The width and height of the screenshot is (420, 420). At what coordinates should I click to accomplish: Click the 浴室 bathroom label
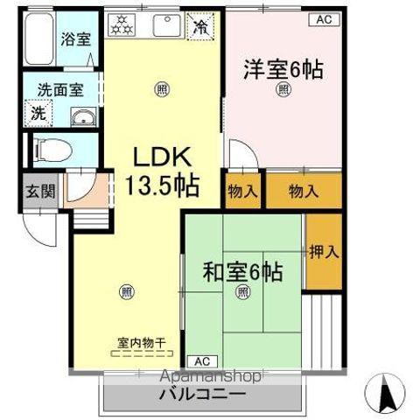[x=74, y=38]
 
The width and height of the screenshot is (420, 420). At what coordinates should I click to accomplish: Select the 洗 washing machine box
[x=38, y=113]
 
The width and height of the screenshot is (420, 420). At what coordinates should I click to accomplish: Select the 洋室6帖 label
[x=283, y=68]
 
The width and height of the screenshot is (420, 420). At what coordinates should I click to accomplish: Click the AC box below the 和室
[x=201, y=360]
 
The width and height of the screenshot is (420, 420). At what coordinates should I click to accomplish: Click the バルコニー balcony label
[x=202, y=395]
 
